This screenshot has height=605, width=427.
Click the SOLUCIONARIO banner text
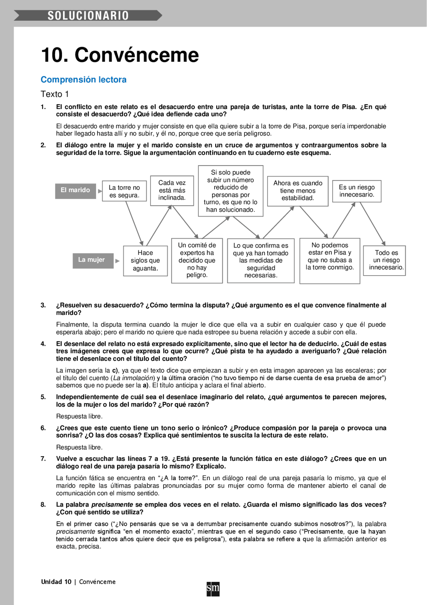[88, 16]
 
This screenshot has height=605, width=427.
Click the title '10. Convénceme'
[120, 55]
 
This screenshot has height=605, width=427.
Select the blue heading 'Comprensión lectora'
[83, 80]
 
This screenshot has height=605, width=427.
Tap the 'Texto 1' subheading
[55, 94]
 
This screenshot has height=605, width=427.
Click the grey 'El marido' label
[75, 190]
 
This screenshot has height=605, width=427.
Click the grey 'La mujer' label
[91, 260]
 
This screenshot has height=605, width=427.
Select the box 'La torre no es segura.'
[124, 191]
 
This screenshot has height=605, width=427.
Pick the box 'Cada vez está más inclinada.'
[172, 190]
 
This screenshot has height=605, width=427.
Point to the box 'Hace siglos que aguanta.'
[145, 261]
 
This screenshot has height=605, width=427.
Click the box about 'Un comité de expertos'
[197, 260]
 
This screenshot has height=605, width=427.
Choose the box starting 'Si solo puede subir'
[231, 191]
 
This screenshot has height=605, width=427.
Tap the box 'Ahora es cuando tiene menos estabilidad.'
[298, 191]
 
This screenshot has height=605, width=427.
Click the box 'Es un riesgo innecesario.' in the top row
[357, 191]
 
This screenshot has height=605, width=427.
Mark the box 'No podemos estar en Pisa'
[330, 260]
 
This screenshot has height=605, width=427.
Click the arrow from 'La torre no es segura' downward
[134, 223]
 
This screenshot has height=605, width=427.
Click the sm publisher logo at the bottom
[213, 589]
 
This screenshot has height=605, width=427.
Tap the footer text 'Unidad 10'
[56, 582]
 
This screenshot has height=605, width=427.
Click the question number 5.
[43, 397]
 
